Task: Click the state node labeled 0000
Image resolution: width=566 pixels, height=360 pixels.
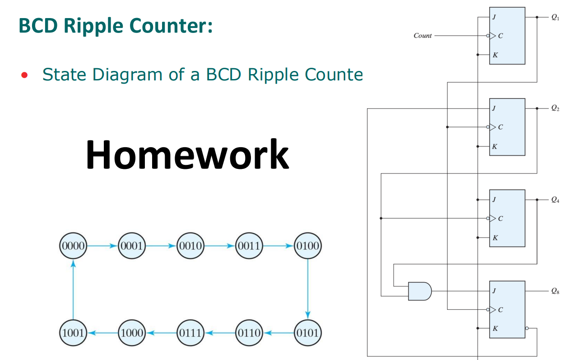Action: [73, 246]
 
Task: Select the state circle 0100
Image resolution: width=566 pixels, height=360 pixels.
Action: [308, 246]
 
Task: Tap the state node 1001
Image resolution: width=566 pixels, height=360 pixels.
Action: [73, 333]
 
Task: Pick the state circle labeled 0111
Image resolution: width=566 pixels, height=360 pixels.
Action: [190, 333]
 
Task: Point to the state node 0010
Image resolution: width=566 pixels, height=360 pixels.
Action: [190, 246]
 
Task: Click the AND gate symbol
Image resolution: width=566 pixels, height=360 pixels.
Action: [419, 291]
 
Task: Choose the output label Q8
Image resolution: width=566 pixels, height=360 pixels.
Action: [555, 292]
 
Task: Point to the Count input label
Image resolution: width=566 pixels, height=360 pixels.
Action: [422, 36]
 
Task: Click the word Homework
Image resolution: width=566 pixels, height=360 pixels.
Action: [187, 154]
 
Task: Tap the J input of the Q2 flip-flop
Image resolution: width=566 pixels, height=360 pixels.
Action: [494, 108]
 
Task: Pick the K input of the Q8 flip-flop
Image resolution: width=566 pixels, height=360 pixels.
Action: [495, 328]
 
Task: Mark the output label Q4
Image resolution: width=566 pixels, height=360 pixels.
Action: [555, 200]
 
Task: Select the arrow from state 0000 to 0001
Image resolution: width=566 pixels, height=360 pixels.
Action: [102, 246]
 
